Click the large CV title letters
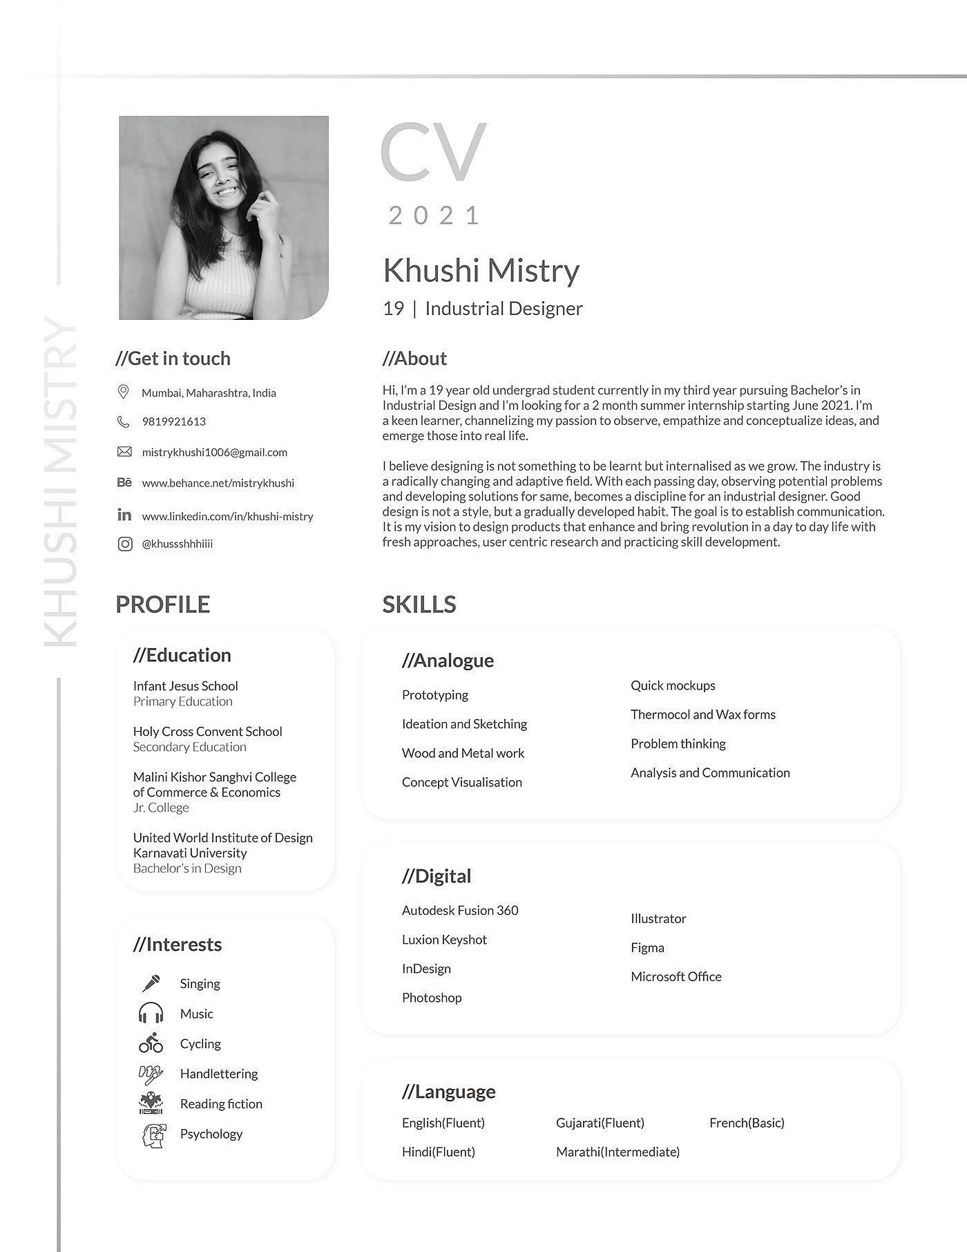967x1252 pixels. [x=433, y=152]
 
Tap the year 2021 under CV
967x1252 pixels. [x=433, y=216]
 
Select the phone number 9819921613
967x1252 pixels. [x=173, y=421]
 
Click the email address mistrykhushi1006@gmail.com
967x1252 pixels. [x=214, y=453]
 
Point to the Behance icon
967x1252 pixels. [x=124, y=482]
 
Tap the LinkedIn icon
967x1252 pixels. [x=124, y=515]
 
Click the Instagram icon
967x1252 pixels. [x=124, y=544]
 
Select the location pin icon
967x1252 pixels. [x=124, y=392]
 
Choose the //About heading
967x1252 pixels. [x=414, y=359]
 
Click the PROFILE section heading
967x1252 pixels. [x=162, y=605]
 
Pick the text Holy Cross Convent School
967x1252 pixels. [x=207, y=731]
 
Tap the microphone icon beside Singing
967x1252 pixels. [x=151, y=983]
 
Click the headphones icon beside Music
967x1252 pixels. [x=151, y=1014]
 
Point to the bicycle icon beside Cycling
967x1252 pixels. [x=151, y=1043]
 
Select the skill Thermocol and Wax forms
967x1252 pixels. [x=702, y=714]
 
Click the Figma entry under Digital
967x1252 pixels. [x=647, y=948]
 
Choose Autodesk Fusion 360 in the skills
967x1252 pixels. [x=460, y=911]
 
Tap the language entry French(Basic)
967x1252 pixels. [x=747, y=1123]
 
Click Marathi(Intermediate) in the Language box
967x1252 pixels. [x=617, y=1152]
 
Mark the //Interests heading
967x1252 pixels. [x=178, y=945]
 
